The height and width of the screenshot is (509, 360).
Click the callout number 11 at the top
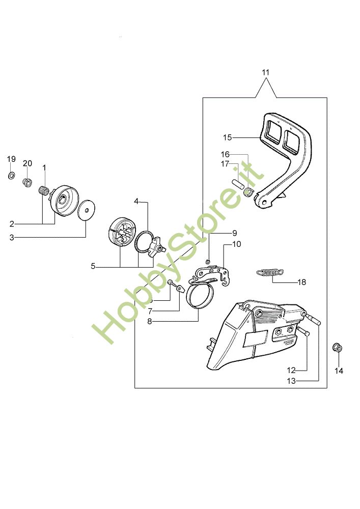tap(265, 72)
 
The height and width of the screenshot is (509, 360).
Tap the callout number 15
tap(227, 137)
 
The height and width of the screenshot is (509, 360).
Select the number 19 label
tap(11, 159)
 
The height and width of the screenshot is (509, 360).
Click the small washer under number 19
tap(11, 176)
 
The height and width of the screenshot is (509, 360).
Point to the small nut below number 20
tap(28, 182)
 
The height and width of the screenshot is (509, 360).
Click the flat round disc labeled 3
tap(88, 209)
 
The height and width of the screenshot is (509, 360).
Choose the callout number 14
tap(339, 371)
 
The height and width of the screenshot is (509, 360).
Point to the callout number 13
tap(291, 381)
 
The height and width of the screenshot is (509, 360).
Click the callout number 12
tap(291, 370)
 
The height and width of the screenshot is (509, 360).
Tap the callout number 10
tap(236, 244)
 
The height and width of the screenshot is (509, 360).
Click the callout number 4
tap(136, 201)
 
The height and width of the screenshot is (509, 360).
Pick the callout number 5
tap(93, 266)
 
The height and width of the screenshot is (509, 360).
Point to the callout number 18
tap(301, 281)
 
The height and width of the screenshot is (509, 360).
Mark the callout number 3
tap(12, 237)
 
